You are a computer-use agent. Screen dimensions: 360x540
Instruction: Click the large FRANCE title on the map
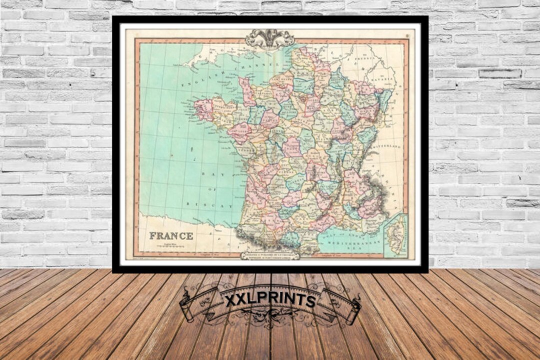[x=171, y=235]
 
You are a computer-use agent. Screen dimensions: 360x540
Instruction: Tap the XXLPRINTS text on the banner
[x=270, y=300]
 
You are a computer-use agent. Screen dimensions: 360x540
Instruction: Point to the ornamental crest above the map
[x=269, y=38]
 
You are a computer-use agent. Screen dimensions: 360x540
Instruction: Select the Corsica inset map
[x=395, y=235]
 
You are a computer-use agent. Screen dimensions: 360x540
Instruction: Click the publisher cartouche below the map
[x=269, y=254]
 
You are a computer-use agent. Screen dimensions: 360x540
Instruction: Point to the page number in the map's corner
[x=407, y=35]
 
